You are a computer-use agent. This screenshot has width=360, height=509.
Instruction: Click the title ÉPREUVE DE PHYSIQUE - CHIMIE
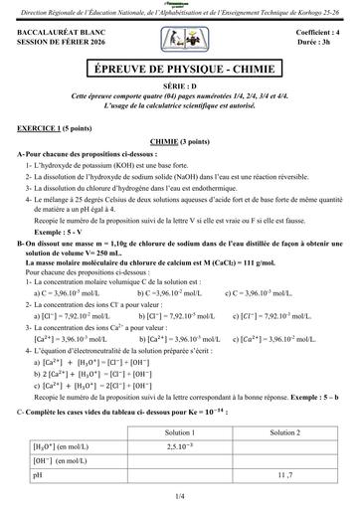(x=180, y=72)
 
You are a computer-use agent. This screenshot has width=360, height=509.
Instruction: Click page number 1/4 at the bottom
(x=180, y=494)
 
